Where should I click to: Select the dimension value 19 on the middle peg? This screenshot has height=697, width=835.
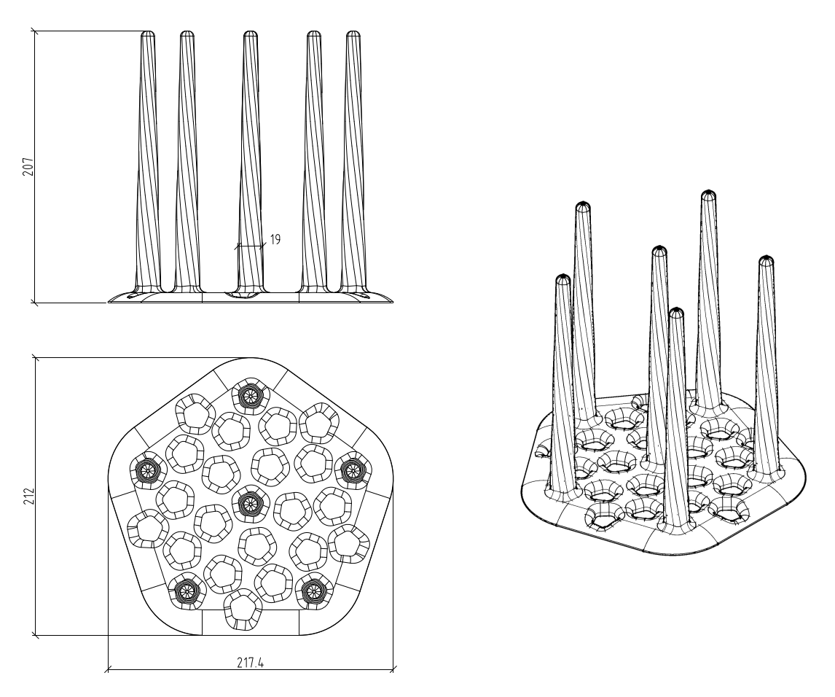point(275,239)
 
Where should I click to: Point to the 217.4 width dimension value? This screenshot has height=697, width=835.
point(251,662)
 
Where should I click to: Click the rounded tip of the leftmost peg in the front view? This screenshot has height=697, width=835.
point(147,34)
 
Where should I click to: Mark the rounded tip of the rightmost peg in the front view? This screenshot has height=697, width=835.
point(353,34)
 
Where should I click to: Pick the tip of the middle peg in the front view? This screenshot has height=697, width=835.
point(251,34)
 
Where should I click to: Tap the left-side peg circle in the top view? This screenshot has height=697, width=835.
point(148,468)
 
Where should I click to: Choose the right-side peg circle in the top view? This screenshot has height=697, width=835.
point(351,468)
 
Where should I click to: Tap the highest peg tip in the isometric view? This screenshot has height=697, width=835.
point(707,195)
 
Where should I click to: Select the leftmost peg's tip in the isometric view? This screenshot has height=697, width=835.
point(562,279)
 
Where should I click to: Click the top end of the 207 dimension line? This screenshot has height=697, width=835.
point(35,31)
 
